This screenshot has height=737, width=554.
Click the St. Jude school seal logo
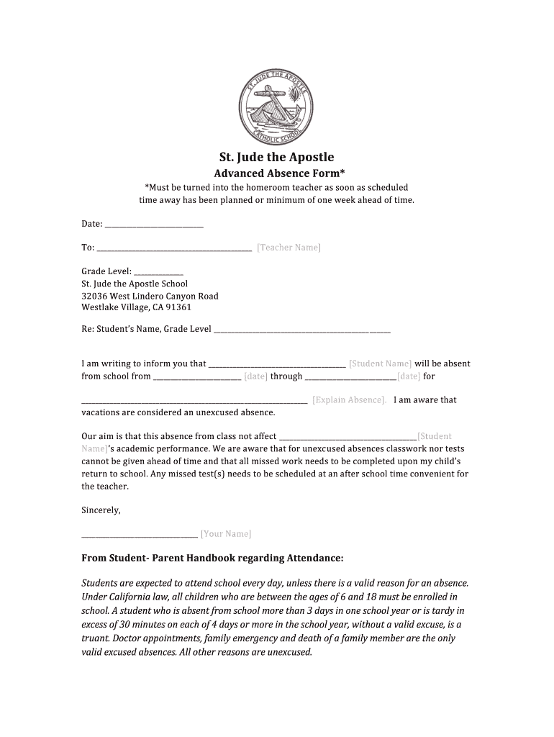click(276, 107)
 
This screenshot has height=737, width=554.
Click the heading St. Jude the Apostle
click(276, 157)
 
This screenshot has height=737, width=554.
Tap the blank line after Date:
click(154, 225)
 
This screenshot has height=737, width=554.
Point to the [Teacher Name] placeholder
click(289, 248)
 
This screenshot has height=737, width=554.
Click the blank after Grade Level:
click(158, 272)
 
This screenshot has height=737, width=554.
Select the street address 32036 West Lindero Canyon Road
click(150, 296)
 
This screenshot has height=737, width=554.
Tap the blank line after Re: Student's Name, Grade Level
click(302, 330)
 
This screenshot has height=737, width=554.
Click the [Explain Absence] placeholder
click(349, 400)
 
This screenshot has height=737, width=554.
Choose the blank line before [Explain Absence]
click(194, 401)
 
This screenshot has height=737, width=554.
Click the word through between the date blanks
click(286, 376)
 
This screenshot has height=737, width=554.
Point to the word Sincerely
click(101, 510)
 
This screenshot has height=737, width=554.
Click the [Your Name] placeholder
click(226, 534)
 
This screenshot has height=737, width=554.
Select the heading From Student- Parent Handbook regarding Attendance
click(212, 558)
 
